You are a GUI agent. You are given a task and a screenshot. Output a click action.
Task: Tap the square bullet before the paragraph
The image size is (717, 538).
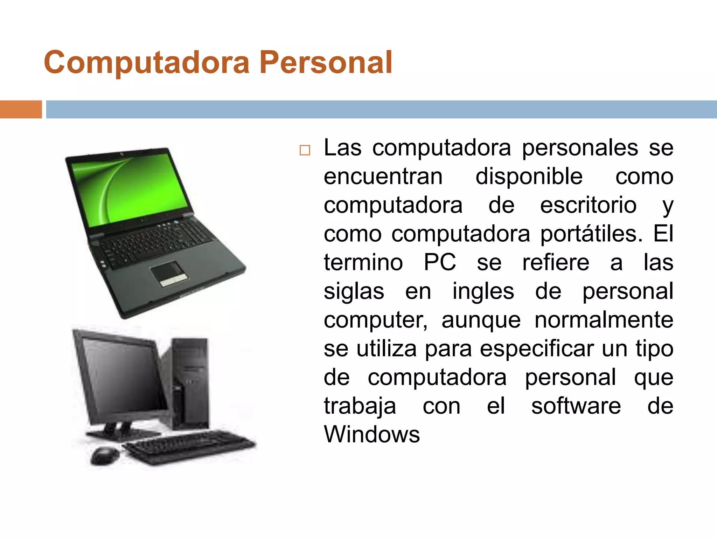click(305, 150)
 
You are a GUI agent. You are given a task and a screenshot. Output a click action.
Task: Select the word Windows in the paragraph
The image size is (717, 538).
click(371, 435)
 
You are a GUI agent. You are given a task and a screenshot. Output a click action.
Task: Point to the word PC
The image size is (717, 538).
click(440, 262)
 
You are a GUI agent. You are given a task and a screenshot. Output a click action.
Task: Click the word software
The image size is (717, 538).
click(576, 406)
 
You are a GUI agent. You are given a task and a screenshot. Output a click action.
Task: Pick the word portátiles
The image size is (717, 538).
click(591, 234)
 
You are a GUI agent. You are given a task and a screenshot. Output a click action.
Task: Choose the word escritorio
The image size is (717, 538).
click(588, 205)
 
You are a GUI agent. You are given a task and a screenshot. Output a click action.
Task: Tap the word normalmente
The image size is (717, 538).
click(604, 320)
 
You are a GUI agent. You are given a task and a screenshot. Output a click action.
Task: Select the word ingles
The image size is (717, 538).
click(483, 291)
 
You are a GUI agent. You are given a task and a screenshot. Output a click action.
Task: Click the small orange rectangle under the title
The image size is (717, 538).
click(21, 109)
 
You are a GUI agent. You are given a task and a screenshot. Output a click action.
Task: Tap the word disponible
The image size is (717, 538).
click(529, 176)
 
